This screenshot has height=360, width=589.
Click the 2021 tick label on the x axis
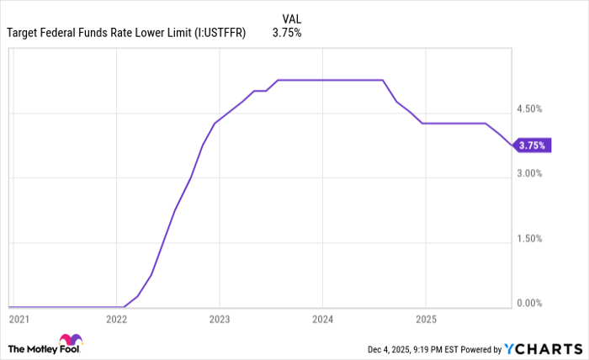[x=19, y=320]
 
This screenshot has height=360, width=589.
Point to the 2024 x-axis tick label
[x=322, y=320]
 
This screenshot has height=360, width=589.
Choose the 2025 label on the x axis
[x=426, y=320]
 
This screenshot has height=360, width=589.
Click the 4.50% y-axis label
[x=529, y=109]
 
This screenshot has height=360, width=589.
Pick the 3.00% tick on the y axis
[x=529, y=173]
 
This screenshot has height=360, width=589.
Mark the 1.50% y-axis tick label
[x=529, y=239]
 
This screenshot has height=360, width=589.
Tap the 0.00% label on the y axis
[x=529, y=303]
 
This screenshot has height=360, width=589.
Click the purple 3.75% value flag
[x=532, y=146]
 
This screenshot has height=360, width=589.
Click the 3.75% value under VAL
[x=286, y=34]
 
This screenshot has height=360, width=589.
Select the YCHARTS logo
[x=544, y=348]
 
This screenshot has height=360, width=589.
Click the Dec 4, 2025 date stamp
[x=391, y=348]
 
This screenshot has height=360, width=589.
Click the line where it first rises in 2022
[x=125, y=306]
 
